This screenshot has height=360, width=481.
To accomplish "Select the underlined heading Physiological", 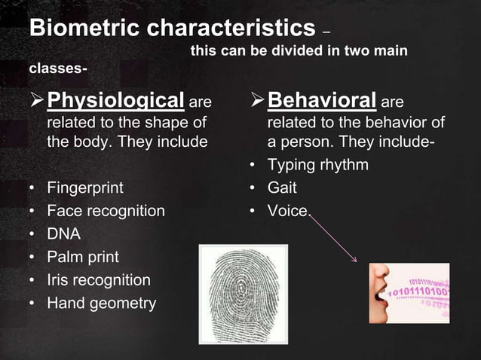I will tap(115, 100).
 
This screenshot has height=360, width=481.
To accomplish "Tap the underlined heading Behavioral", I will tap(322, 100).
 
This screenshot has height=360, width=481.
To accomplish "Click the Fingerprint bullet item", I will tap(85, 188).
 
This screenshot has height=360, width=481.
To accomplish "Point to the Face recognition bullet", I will tap(106, 211).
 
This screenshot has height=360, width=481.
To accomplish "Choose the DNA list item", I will tap(63, 234).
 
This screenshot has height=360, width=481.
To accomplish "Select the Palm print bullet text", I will tap(83, 257).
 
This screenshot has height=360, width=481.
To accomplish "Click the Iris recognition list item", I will tap(99, 280).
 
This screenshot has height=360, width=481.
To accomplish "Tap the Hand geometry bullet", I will tap(102, 304).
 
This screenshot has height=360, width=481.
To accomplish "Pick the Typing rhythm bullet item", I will tap(318, 165).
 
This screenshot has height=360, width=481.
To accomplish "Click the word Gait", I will tap(282, 188).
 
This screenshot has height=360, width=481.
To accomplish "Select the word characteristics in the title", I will tap(229, 29).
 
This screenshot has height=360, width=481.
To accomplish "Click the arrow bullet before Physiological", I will tap(36, 101).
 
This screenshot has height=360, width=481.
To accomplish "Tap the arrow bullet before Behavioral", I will tap(257, 101).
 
